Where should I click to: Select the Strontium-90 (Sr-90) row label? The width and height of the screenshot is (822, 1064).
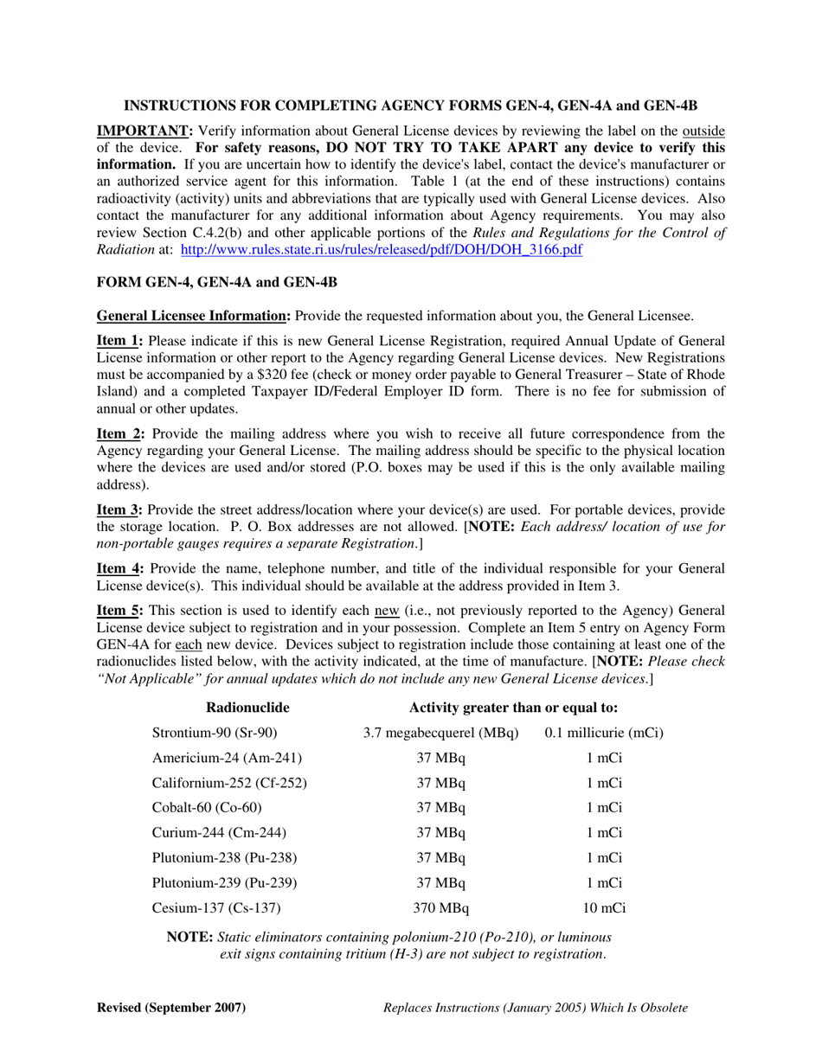[215, 733]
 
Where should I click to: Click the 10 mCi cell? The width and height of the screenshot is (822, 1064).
[604, 908]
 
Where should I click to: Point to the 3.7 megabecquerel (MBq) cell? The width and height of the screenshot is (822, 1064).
[440, 733]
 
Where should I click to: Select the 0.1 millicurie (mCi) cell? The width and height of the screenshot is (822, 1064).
[604, 733]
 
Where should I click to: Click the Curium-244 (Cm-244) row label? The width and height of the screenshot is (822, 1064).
[219, 833]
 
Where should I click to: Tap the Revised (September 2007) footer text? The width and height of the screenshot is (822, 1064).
[171, 1008]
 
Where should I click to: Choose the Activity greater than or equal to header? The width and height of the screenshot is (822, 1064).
[513, 708]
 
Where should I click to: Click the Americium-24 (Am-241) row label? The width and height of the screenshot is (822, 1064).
[227, 758]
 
